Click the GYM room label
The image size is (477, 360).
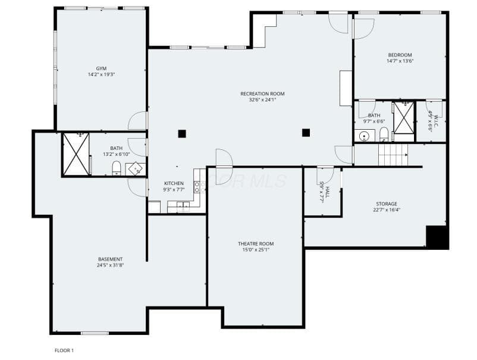[101, 68]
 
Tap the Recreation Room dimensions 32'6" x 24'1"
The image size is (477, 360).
[262, 99]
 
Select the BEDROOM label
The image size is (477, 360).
[400, 55]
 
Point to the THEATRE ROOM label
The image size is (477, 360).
[256, 244]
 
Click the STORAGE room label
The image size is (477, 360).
[387, 204]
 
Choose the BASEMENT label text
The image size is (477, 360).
[111, 259]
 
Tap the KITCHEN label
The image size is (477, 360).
[174, 183]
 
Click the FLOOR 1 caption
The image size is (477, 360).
[64, 350]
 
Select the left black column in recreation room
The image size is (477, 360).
[182, 134]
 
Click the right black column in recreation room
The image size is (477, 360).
[306, 133]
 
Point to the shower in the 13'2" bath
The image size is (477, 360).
[76, 154]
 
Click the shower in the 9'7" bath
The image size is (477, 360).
[404, 117]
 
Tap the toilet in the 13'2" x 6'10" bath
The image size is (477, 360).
[117, 168]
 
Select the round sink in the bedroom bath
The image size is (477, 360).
[363, 136]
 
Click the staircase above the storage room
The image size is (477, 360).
[393, 155]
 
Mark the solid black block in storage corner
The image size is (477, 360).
[437, 237]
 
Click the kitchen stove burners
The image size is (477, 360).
[197, 187]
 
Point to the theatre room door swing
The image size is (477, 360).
[224, 167]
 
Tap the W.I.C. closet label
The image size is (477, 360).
[433, 122]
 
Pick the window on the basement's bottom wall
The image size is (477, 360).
[95, 333]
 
